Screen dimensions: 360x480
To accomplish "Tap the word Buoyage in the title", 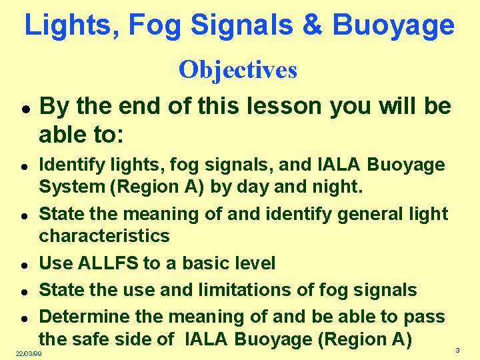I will point(393,25).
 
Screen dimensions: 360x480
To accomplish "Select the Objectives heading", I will point(238,69).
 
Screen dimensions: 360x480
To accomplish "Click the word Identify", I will point(69,165).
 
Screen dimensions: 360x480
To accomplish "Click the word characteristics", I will point(105,236).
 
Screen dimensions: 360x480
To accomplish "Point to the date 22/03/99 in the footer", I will point(29,353).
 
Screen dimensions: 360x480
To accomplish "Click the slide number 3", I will point(457,351).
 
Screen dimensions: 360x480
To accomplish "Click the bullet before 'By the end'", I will point(23,108).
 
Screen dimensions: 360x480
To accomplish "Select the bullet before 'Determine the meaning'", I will point(23,318).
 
